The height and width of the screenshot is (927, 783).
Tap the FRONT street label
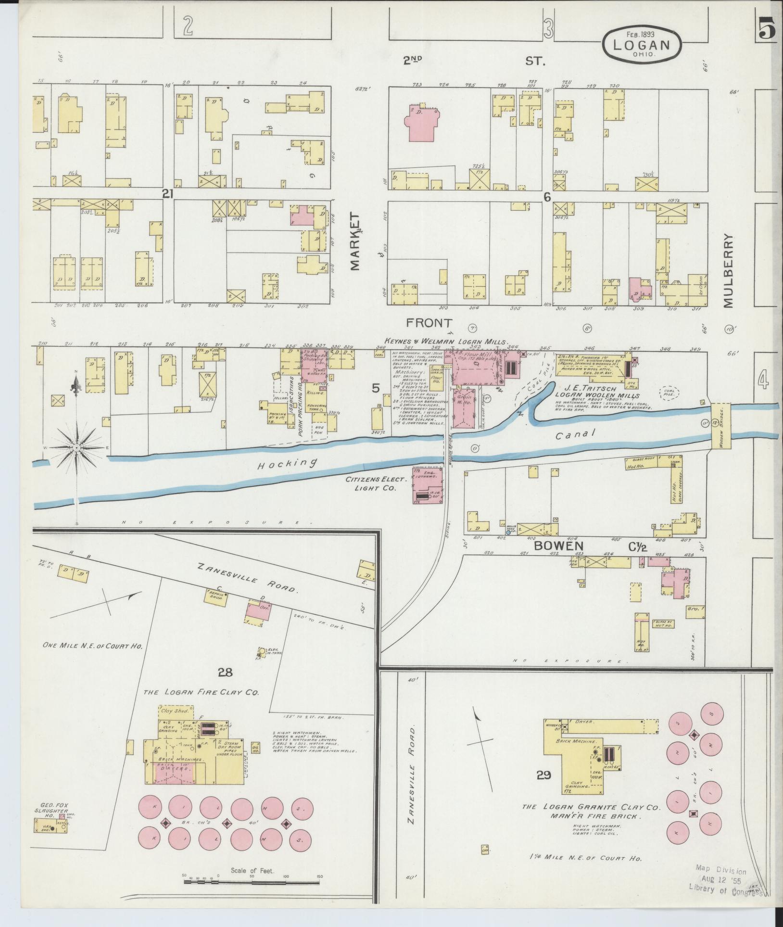(x=429, y=322)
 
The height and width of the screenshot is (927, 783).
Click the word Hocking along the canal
(x=287, y=464)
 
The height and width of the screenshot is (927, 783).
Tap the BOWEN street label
(x=558, y=546)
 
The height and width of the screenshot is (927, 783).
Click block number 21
(x=167, y=193)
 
